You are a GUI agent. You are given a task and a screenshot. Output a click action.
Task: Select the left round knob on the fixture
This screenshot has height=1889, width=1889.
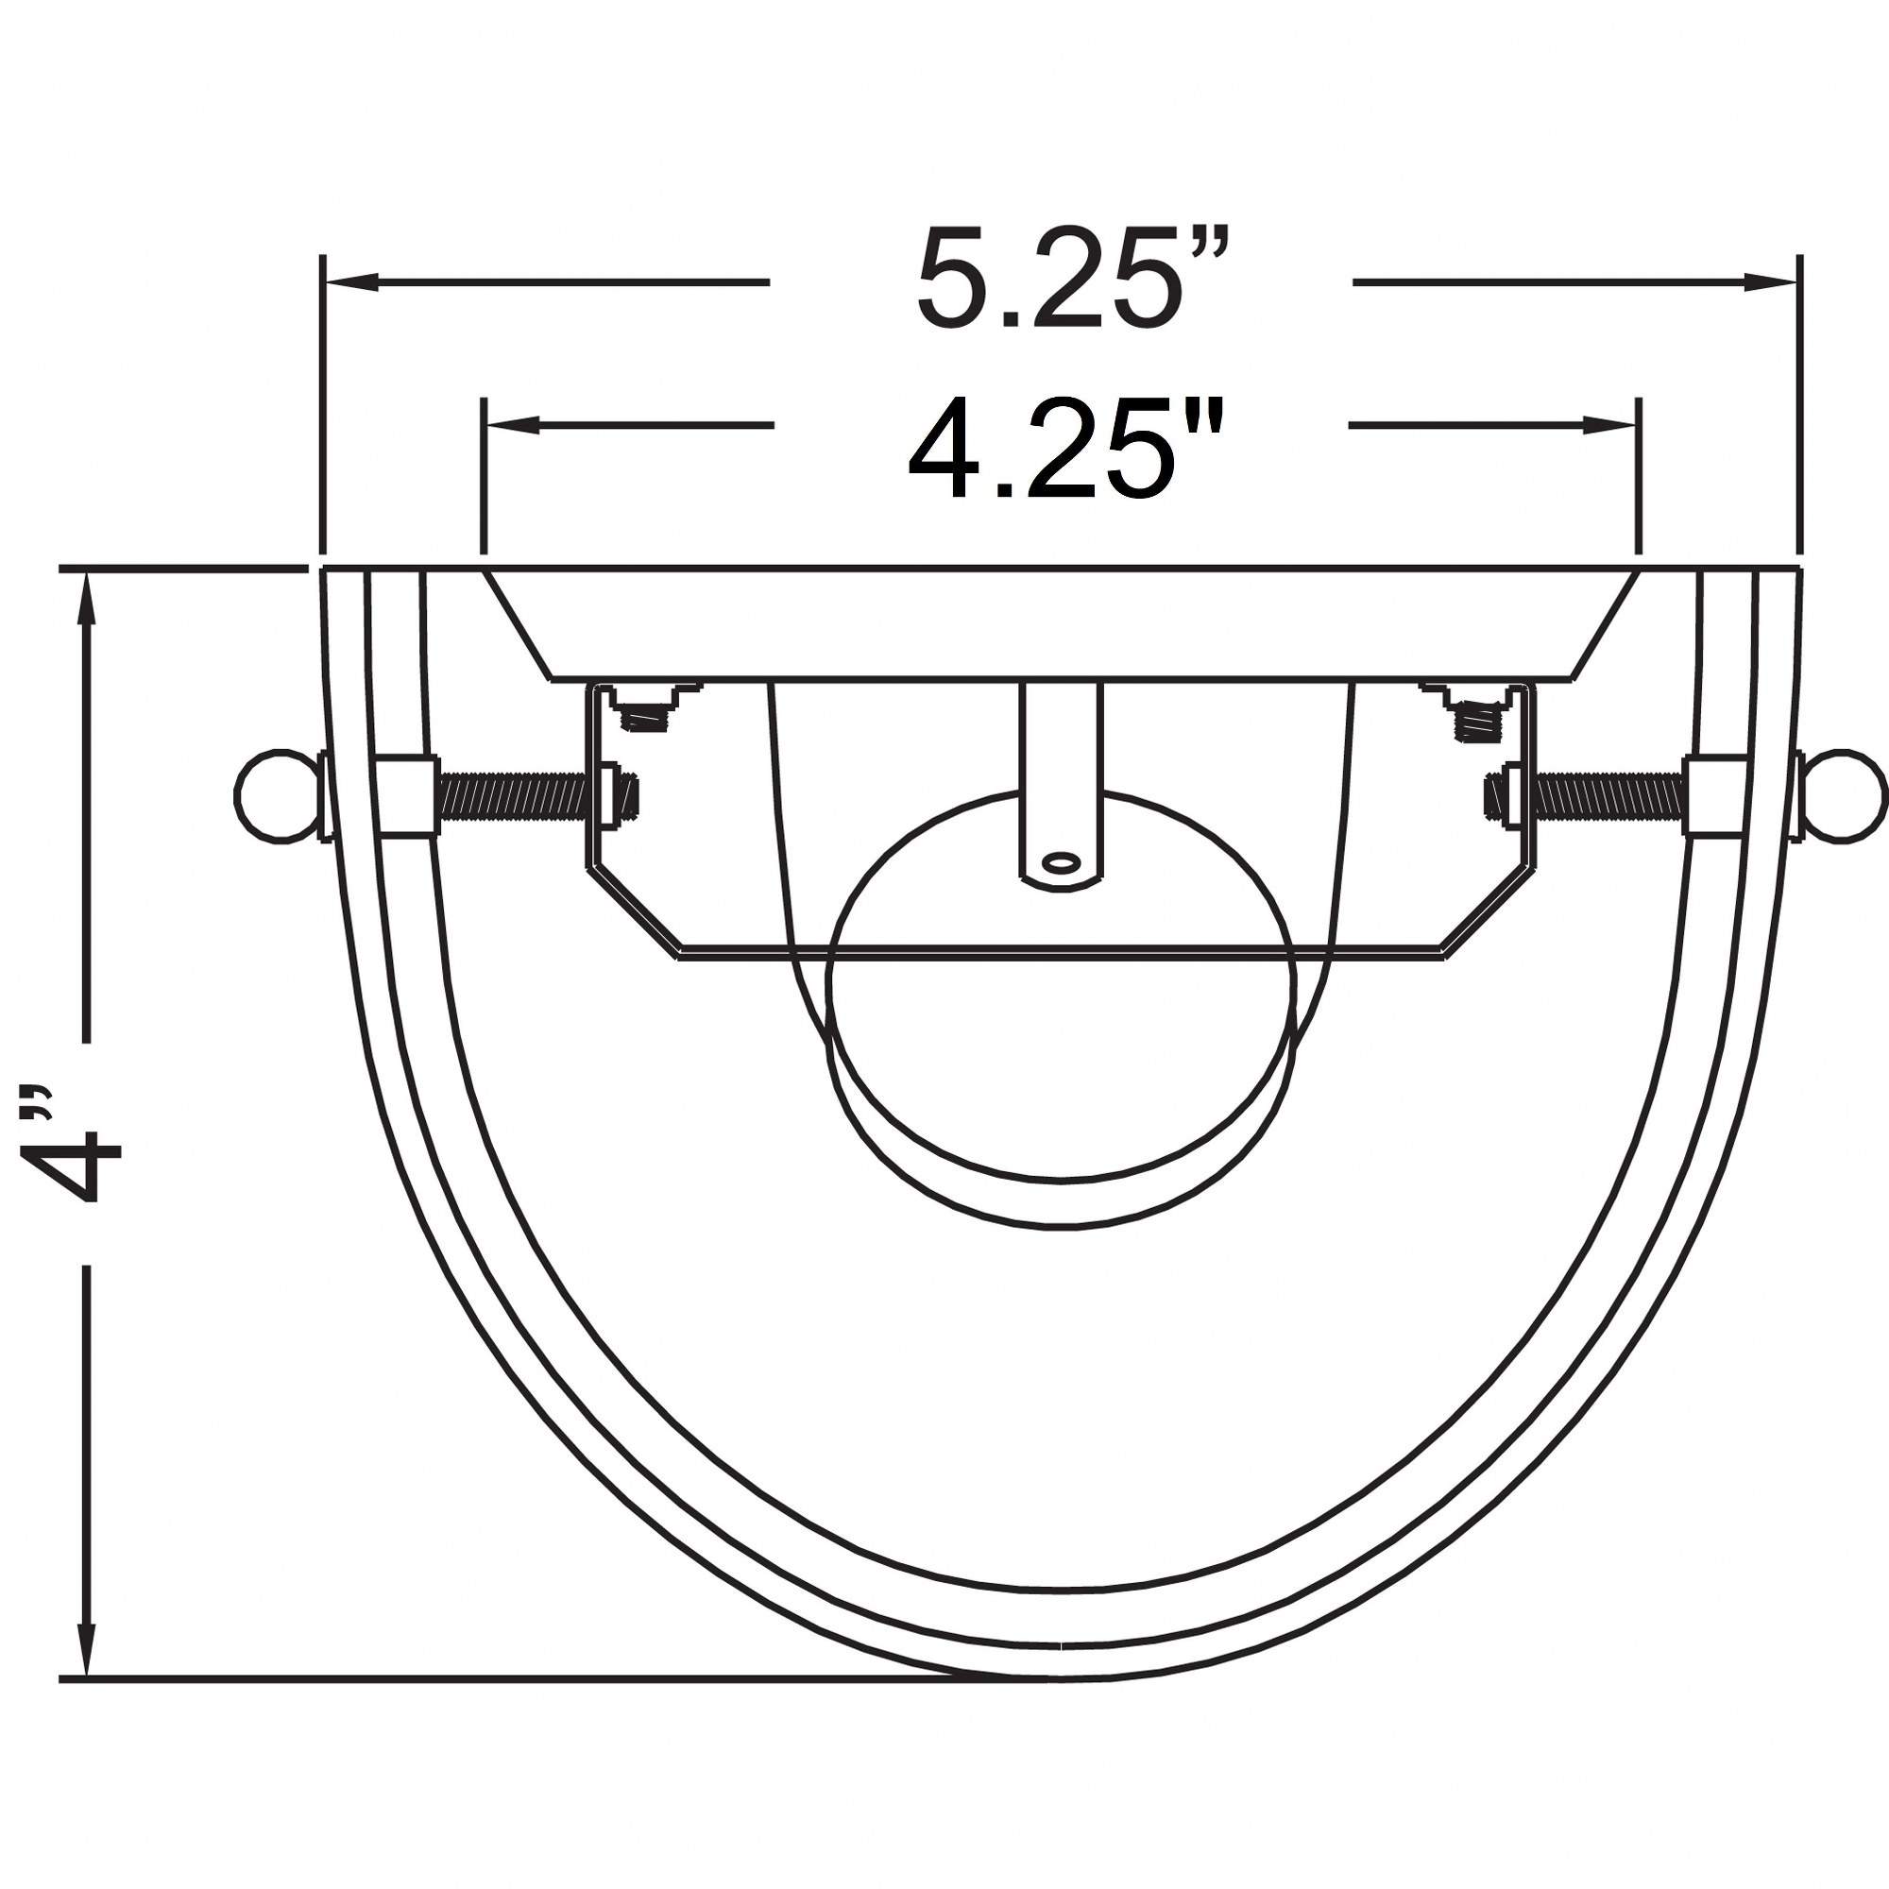tap(278, 796)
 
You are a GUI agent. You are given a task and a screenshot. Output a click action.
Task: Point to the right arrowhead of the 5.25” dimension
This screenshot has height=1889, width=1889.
tap(1772, 282)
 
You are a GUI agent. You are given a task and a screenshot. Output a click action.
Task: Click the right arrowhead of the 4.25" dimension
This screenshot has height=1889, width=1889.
tap(1610, 424)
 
